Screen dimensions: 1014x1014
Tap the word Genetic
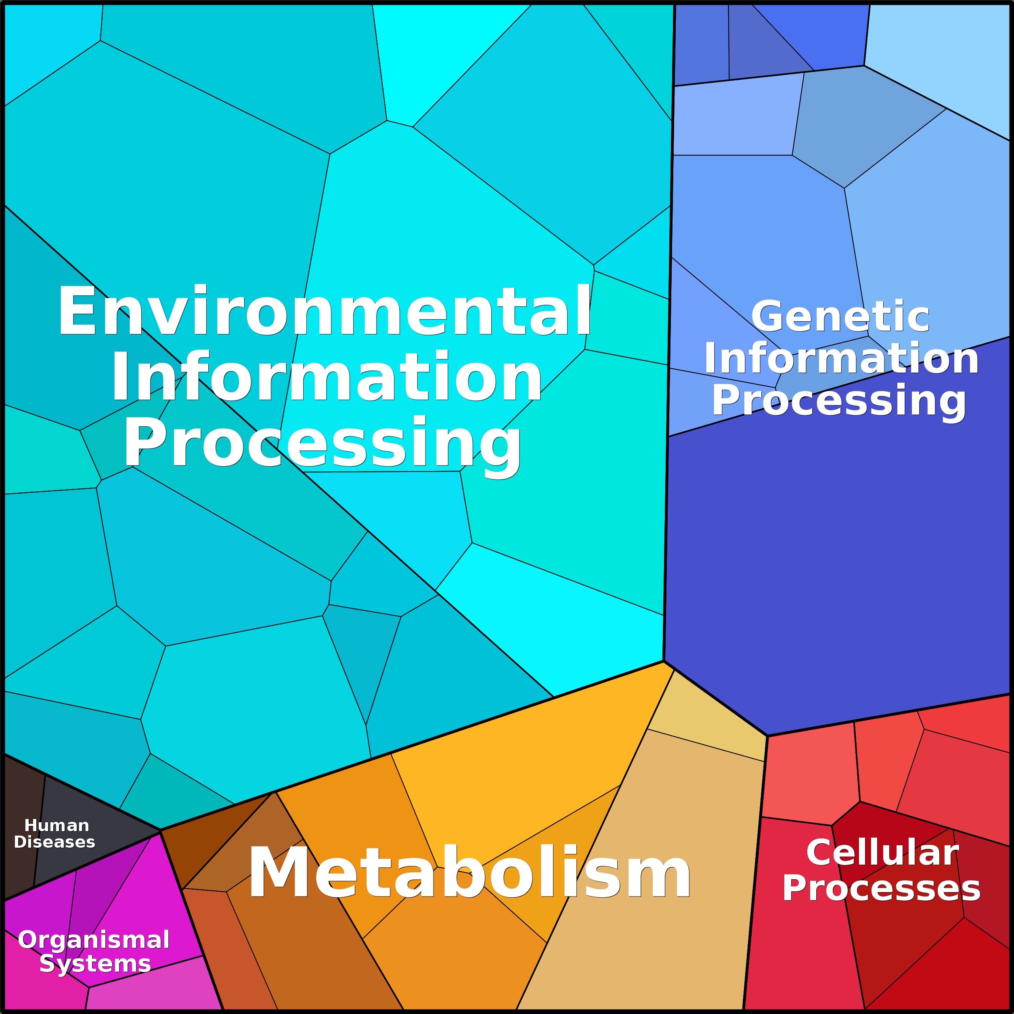point(840,316)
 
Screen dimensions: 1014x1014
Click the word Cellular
point(882,853)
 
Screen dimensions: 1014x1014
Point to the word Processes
point(881,889)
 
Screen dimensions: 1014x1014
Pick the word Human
point(57,825)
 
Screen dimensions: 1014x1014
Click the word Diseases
point(54,842)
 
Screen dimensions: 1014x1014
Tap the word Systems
point(95,964)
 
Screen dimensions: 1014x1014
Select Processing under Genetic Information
point(839,401)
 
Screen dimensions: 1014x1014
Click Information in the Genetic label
point(841,358)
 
